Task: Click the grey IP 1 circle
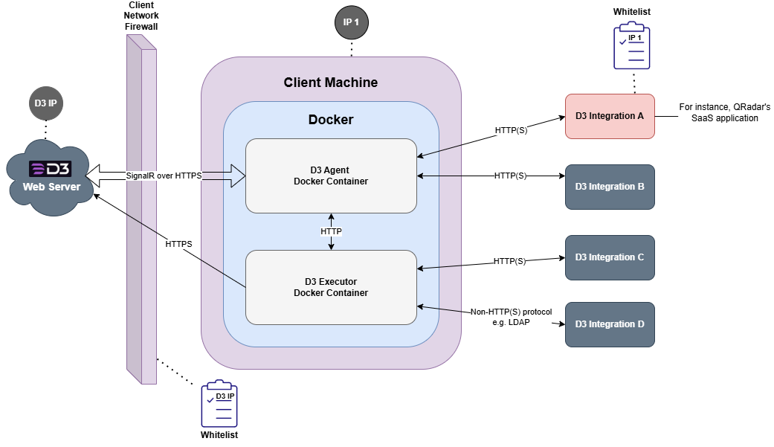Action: point(351,23)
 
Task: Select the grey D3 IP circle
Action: point(46,103)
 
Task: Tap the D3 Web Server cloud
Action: point(50,177)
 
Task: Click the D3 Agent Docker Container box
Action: point(331,176)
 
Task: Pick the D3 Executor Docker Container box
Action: point(331,287)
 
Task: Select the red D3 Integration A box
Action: point(610,116)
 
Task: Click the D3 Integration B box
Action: point(610,187)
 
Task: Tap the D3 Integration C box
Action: point(610,257)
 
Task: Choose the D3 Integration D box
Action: point(610,324)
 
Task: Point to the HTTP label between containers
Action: point(331,232)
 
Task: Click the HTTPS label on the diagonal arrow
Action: point(178,244)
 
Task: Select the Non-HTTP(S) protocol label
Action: point(512,317)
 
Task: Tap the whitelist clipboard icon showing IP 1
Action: point(633,46)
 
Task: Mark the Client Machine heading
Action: point(331,83)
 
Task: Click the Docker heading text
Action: point(331,120)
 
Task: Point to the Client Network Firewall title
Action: point(141,16)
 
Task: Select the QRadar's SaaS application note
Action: point(724,112)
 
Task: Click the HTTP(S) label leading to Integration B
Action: point(510,176)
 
